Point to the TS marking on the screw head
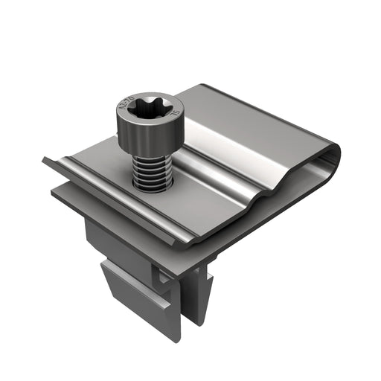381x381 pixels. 175,113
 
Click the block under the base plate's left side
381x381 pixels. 100,238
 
